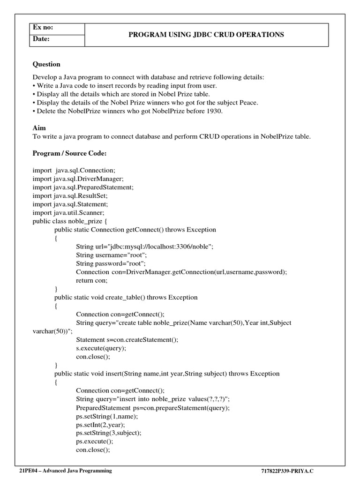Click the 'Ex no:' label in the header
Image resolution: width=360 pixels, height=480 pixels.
pyautogui.click(x=43, y=28)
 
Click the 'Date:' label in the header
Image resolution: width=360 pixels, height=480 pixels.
pyautogui.click(x=41, y=39)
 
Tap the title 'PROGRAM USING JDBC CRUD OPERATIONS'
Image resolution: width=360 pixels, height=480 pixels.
pyautogui.click(x=206, y=34)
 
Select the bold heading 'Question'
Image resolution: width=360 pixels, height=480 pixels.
pyautogui.click(x=46, y=64)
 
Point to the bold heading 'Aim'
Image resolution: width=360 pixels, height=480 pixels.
pyautogui.click(x=39, y=127)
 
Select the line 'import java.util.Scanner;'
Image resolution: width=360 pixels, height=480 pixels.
pyautogui.click(x=68, y=212)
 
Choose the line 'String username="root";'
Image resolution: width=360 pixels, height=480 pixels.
pyautogui.click(x=112, y=255)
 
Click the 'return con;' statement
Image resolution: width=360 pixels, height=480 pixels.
pyautogui.click(x=92, y=280)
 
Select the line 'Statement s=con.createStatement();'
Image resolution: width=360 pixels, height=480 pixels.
pyautogui.click(x=127, y=339)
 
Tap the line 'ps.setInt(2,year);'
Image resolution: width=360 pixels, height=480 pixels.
pyautogui.click(x=100, y=424)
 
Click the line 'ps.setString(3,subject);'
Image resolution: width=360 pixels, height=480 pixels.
pyautogui.click(x=108, y=433)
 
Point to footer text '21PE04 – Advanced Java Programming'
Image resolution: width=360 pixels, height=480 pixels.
pyautogui.click(x=65, y=471)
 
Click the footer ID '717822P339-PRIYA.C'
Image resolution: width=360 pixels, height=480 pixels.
pyautogui.click(x=291, y=471)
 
